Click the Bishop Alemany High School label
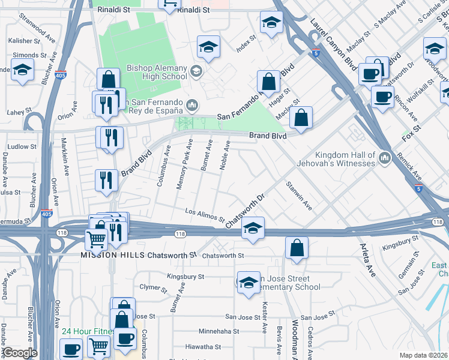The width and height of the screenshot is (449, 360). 157,73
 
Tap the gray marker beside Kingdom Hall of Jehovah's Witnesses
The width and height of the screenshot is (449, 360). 385,158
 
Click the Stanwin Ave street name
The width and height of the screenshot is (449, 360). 299,196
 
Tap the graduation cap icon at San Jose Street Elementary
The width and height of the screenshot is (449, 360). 248,281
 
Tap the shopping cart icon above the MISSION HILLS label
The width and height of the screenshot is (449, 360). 96,238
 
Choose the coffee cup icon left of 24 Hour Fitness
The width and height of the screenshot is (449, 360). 71,348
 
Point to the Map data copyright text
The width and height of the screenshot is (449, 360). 423,355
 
